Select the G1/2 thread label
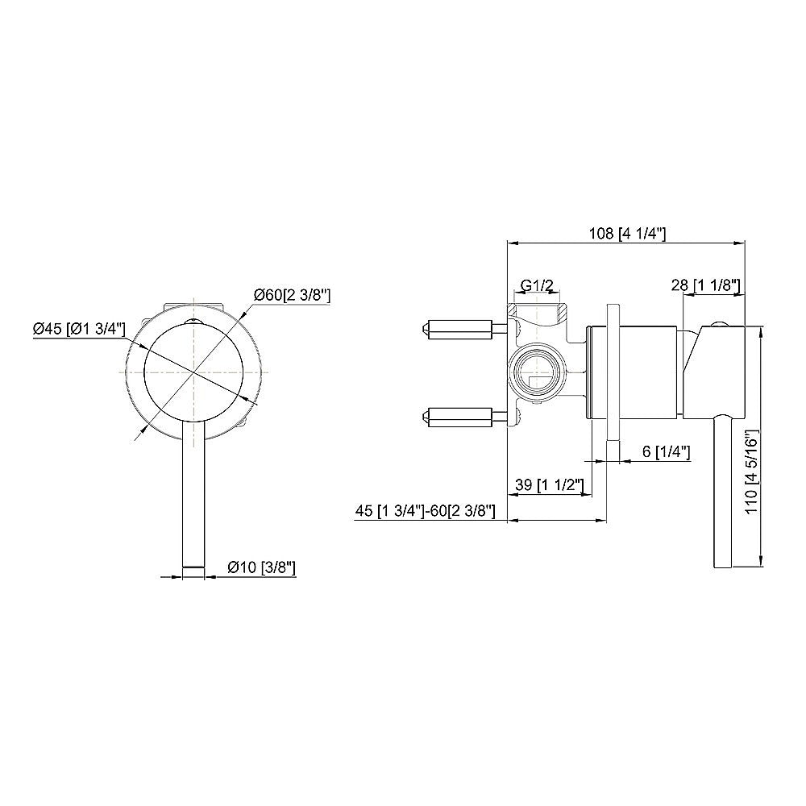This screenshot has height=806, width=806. click(537, 285)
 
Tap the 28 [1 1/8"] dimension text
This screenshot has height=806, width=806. click(707, 285)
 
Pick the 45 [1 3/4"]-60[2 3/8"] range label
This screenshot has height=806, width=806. click(425, 512)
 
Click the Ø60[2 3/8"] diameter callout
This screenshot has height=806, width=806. click(292, 296)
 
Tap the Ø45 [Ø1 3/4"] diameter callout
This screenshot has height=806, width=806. click(78, 329)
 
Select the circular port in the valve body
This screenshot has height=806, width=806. click(536, 372)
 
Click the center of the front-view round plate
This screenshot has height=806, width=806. click(193, 372)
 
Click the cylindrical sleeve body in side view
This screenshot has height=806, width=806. click(637, 372)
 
